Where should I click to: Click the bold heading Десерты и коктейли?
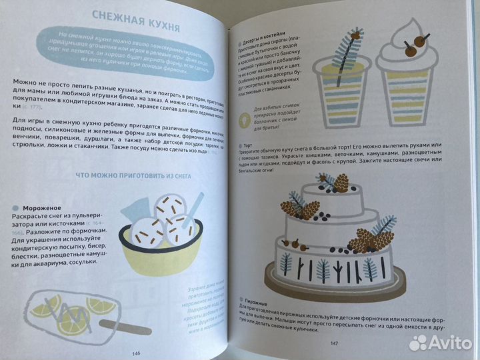coord(267,31)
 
